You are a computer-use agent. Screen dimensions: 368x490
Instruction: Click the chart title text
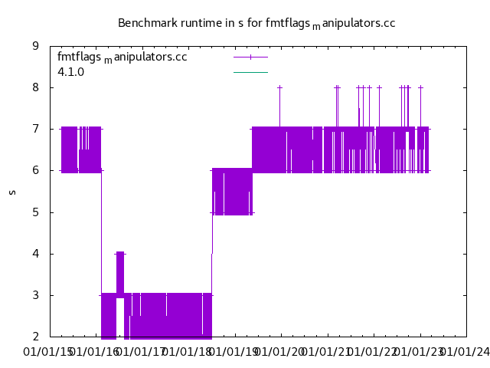(256, 23)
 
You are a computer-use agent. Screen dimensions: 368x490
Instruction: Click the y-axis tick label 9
(35, 46)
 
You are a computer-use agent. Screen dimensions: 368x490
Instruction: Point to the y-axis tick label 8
(35, 87)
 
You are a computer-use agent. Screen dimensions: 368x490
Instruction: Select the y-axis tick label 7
(35, 129)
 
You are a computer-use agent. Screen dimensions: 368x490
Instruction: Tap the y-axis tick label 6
(35, 170)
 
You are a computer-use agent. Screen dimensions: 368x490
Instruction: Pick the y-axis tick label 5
(35, 212)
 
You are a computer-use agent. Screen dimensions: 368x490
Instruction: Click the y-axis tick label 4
(35, 254)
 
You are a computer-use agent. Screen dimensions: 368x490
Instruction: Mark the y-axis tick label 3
(35, 295)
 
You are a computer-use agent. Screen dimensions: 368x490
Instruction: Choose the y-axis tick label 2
(35, 337)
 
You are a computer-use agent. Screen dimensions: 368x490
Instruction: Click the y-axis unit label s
(12, 192)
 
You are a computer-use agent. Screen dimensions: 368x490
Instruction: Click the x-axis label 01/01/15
(49, 352)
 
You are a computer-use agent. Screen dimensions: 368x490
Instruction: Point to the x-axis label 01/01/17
(142, 352)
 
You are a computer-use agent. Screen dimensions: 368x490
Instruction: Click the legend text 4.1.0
(71, 72)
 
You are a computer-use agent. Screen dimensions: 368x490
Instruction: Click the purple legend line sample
(250, 57)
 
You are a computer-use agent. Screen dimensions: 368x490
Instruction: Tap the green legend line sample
(250, 72)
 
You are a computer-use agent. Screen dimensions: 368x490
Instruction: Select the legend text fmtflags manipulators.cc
(122, 57)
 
